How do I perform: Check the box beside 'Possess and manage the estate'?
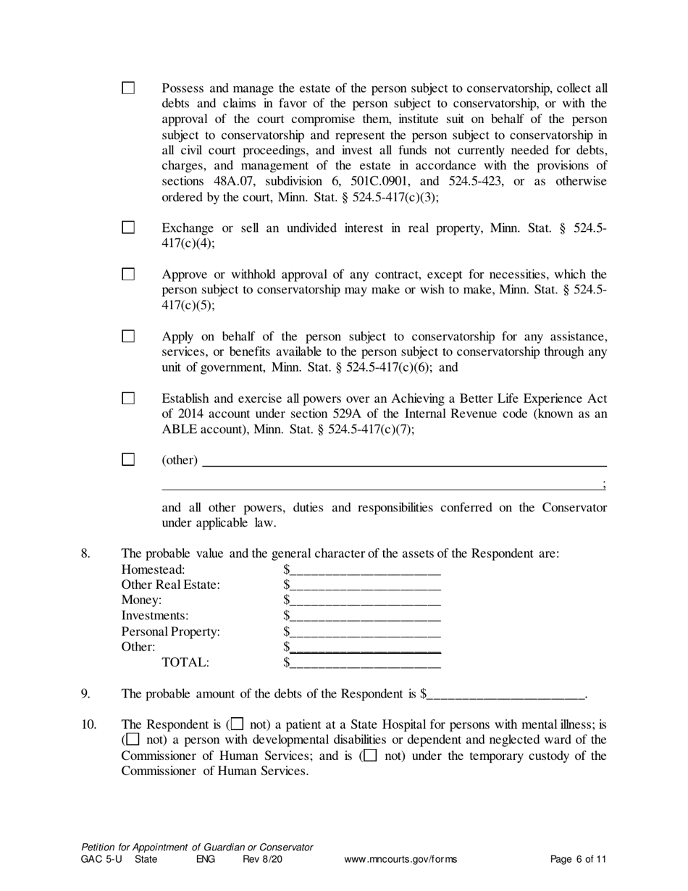tap(128, 88)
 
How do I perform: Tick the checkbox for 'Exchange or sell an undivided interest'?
tap(128, 227)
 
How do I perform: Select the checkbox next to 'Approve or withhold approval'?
tap(128, 275)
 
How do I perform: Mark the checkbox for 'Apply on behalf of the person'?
tap(128, 336)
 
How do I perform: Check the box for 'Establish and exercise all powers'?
tap(128, 398)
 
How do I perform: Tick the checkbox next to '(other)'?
tap(128, 459)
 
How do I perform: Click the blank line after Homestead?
tap(365, 571)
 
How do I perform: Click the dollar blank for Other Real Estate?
tap(365, 586)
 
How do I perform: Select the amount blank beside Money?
tap(365, 601)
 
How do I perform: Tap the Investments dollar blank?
tap(365, 616)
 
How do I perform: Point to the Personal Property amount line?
tap(365, 632)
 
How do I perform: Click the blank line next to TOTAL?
tap(365, 663)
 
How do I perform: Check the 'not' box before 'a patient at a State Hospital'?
tap(237, 724)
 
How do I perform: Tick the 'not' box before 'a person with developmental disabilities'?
tap(133, 740)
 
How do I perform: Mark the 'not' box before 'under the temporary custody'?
tap(370, 756)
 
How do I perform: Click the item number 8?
tap(85, 554)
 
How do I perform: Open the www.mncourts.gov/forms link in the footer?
tap(400, 860)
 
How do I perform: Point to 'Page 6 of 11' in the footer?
tap(578, 860)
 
